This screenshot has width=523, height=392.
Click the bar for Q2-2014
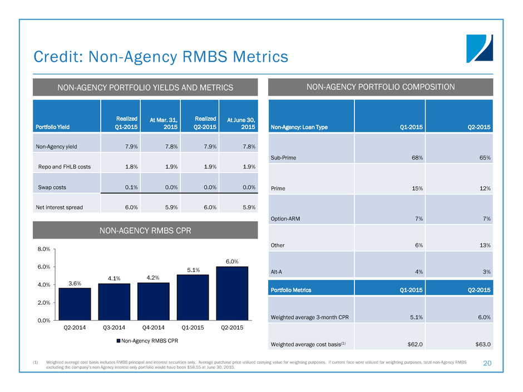75,304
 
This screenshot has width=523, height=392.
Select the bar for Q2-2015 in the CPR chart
232,293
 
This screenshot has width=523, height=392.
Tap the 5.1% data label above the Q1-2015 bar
193,269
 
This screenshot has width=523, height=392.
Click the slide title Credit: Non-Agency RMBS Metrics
161,57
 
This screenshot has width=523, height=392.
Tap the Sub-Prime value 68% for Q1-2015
415,158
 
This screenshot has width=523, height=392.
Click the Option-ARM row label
287,219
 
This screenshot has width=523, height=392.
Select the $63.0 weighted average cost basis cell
482,344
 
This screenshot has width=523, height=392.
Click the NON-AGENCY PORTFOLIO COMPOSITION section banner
381,87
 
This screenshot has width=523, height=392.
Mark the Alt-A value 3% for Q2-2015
486,272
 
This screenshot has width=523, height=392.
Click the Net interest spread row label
61,207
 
